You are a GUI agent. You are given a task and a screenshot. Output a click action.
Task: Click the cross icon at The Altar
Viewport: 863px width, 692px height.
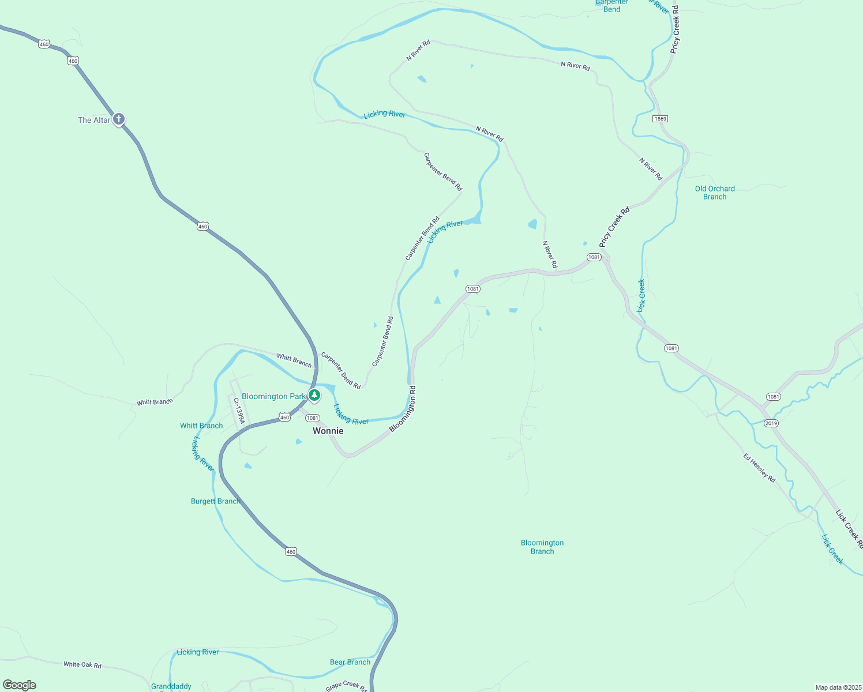click(x=119, y=119)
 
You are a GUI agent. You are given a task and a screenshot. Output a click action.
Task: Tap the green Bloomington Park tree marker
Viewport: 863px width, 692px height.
click(x=314, y=395)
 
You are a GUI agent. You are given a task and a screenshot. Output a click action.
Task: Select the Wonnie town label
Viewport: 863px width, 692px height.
click(x=328, y=431)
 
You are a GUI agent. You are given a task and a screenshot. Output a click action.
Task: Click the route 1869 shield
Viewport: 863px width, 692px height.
click(x=661, y=119)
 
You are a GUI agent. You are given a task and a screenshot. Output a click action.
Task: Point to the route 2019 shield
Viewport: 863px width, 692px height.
click(x=771, y=423)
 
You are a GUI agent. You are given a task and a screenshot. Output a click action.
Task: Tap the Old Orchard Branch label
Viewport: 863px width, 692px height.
click(x=715, y=193)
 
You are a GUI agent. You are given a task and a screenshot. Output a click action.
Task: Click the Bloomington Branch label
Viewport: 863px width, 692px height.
click(x=542, y=547)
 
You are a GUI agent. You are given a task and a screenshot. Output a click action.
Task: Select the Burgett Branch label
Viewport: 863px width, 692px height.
click(x=215, y=501)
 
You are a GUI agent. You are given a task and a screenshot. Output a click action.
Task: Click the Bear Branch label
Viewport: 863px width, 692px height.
click(x=350, y=662)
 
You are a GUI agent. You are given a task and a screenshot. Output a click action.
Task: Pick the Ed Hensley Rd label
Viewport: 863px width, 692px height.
click(x=759, y=468)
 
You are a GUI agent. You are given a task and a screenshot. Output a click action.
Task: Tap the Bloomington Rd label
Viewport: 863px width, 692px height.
click(x=403, y=409)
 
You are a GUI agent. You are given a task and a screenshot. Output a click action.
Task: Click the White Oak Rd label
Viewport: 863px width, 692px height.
click(x=82, y=665)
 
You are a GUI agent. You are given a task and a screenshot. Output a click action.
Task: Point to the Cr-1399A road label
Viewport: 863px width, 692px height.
click(x=239, y=410)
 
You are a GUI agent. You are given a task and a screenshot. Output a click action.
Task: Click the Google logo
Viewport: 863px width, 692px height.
click(x=20, y=685)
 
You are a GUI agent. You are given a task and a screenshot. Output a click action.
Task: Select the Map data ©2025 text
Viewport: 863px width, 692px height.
click(x=838, y=687)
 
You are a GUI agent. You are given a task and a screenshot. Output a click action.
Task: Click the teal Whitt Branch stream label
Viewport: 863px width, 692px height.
click(x=201, y=426)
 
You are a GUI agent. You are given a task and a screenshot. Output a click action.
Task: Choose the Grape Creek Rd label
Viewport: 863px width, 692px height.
click(x=346, y=686)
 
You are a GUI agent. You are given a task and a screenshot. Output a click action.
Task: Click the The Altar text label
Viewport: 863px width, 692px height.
click(x=94, y=120)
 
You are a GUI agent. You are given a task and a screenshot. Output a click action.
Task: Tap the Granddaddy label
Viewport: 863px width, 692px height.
click(x=171, y=686)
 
